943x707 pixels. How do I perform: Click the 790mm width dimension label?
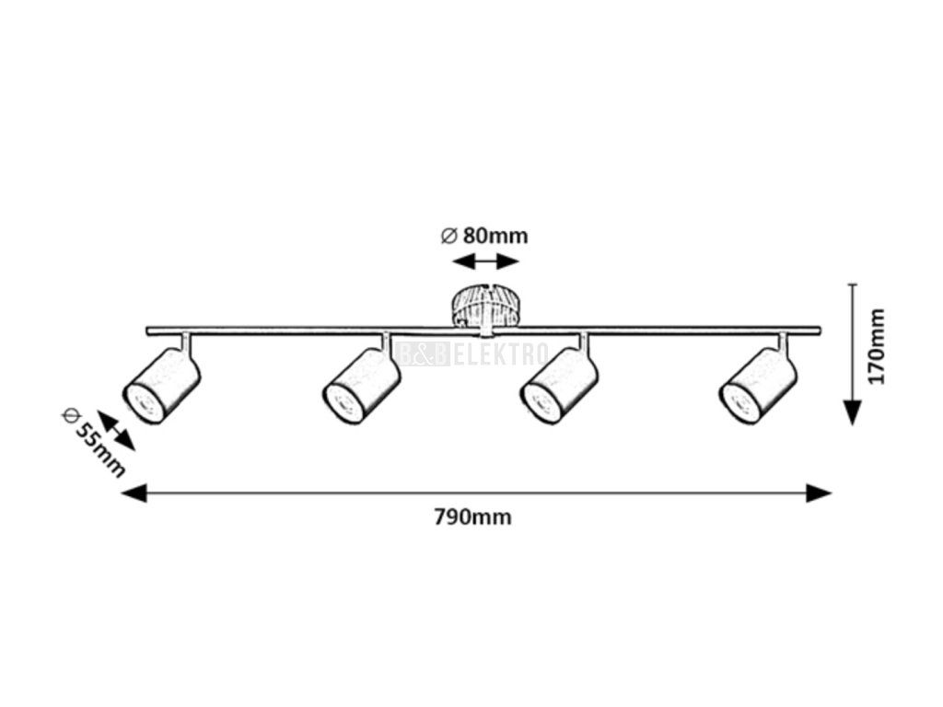click(x=471, y=517)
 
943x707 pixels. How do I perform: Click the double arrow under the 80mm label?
click(x=485, y=262)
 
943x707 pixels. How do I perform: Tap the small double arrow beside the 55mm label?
click(x=117, y=432)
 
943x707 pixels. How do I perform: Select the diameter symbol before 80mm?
click(x=448, y=236)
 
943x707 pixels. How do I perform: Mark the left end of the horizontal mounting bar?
click(x=149, y=330)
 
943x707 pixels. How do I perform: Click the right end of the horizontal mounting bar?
click(x=819, y=330)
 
